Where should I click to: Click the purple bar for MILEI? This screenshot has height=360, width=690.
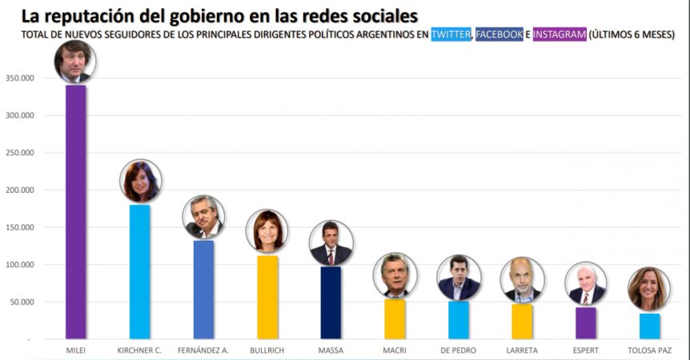(76, 212)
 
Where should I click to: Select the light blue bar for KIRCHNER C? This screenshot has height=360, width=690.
(139, 272)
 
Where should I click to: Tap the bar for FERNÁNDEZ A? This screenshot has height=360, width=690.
(204, 290)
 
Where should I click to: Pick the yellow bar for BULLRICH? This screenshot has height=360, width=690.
(267, 297)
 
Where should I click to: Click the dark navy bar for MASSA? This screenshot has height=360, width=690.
(331, 303)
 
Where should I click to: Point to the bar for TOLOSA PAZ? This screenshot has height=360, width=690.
(649, 326)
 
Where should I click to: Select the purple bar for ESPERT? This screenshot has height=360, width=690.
(586, 323)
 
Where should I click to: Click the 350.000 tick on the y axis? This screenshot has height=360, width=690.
(20, 78)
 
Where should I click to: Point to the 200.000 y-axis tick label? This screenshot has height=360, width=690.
(20, 190)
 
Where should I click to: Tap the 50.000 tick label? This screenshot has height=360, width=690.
(22, 302)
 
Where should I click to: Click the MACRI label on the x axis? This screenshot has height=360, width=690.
(395, 350)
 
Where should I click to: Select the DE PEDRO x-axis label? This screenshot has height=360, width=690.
(458, 350)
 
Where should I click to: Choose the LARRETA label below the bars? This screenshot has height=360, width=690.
(522, 350)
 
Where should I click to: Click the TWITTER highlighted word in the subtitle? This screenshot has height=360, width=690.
(451, 34)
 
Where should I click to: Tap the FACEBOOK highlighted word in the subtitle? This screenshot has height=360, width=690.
(499, 34)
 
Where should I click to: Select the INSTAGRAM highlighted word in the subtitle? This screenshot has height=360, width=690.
(560, 34)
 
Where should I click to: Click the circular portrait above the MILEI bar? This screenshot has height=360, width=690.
(74, 62)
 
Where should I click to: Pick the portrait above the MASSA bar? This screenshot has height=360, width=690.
(331, 243)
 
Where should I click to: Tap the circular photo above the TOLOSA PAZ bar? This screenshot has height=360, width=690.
(649, 290)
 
